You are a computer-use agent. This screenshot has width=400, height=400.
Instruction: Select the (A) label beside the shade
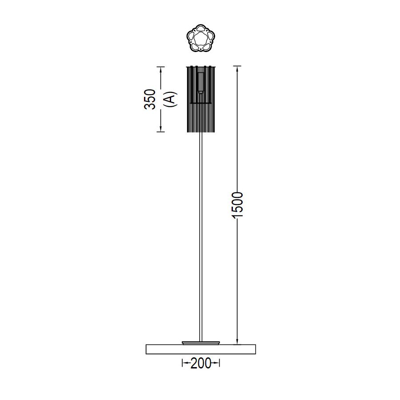(x=170, y=99)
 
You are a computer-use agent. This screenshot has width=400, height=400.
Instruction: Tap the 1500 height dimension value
(x=237, y=205)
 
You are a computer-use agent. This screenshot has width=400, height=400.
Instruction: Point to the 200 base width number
(x=201, y=363)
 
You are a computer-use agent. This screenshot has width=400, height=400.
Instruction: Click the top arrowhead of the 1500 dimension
(x=237, y=69)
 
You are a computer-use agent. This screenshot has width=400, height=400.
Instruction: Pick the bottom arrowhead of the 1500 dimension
(x=237, y=341)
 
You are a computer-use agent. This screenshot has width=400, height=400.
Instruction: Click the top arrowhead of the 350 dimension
(x=160, y=70)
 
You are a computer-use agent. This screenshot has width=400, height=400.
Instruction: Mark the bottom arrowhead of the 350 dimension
(x=160, y=129)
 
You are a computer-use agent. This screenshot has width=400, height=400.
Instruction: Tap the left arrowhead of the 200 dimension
(x=185, y=363)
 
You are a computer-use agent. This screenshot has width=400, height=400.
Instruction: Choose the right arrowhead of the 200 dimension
(x=216, y=363)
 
